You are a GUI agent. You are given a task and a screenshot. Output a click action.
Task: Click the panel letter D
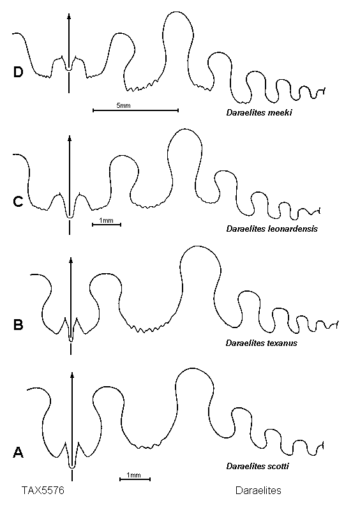[x=19, y=72]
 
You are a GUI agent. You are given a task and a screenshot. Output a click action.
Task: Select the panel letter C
[x=19, y=202]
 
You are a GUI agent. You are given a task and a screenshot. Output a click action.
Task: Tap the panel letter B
[x=19, y=325]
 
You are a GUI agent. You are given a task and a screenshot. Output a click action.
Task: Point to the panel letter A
[x=19, y=452]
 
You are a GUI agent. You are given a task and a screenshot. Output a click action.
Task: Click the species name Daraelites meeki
[x=259, y=113]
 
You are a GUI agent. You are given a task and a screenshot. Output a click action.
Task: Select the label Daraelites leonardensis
[x=272, y=229]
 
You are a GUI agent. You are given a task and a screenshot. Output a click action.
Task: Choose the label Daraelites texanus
[x=261, y=343]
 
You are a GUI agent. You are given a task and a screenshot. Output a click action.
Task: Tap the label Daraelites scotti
[x=258, y=466]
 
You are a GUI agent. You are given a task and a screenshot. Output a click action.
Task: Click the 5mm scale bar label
[x=123, y=105]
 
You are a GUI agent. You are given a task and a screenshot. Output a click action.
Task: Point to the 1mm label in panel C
[x=106, y=220]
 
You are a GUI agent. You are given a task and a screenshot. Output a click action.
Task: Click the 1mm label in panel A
[x=133, y=475]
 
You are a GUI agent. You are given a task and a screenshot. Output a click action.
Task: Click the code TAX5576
[x=43, y=490]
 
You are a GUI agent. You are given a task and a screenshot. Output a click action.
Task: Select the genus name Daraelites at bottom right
[x=259, y=490]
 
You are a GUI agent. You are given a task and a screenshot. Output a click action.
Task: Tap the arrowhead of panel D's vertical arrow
[x=69, y=16]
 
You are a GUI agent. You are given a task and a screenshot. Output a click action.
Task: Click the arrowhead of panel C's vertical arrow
[x=70, y=138]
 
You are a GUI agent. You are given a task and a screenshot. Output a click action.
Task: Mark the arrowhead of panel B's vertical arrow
[x=71, y=260]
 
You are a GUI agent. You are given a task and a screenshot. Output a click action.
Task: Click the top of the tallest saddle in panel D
[x=177, y=12]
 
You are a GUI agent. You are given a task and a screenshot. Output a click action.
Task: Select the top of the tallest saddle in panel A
[x=194, y=368]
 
